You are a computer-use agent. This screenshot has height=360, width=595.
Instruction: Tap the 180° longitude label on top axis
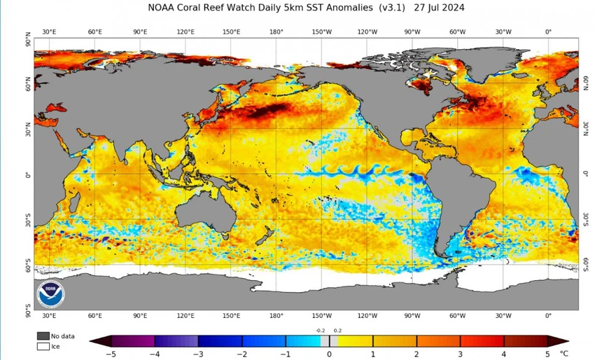tap(276, 32)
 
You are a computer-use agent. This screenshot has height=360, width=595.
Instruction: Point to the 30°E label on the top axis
tap(50, 32)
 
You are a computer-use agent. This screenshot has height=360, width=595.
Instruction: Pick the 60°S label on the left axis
tap(28, 265)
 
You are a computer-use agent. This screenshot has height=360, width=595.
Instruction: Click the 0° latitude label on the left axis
tap(28, 175)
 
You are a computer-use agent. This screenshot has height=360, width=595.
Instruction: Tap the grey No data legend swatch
tap(43, 335)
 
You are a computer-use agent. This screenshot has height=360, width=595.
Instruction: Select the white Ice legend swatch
tap(43, 345)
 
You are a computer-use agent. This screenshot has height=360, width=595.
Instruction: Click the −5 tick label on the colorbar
tap(109, 354)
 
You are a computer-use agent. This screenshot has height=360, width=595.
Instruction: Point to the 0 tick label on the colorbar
tap(329, 354)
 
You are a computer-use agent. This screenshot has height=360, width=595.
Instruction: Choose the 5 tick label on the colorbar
tap(548, 354)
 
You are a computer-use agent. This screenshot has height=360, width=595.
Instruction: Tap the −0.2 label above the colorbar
tap(321, 330)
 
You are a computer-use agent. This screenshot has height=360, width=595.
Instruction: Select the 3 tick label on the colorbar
tap(461, 354)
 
